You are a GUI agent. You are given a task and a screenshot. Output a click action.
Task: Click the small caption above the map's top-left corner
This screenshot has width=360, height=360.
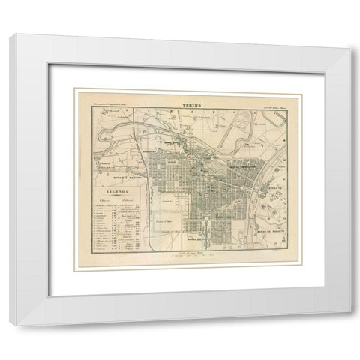106,101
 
